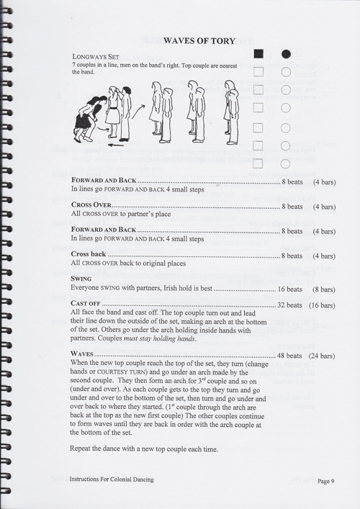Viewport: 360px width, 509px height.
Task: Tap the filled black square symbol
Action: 258,54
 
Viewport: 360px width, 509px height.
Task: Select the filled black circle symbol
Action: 286,54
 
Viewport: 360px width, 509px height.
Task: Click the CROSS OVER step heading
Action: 93,206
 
